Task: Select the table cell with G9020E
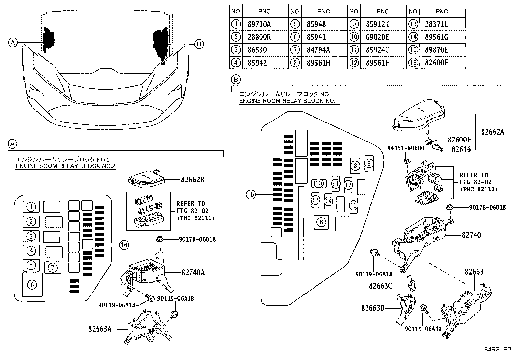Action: tap(377, 37)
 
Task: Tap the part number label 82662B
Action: tap(192, 180)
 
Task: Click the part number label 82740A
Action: tap(193, 272)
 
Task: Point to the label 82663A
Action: tap(100, 328)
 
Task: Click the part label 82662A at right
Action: tap(493, 132)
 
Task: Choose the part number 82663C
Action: tap(380, 286)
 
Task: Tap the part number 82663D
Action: tap(372, 308)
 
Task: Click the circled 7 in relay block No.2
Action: tap(52, 268)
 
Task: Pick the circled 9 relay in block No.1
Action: tap(368, 163)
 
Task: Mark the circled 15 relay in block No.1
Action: tap(353, 205)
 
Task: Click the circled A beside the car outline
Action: tap(12, 43)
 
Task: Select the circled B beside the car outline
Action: tap(199, 44)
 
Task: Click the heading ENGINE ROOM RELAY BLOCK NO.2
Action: tap(65, 166)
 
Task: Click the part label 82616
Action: tap(461, 150)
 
